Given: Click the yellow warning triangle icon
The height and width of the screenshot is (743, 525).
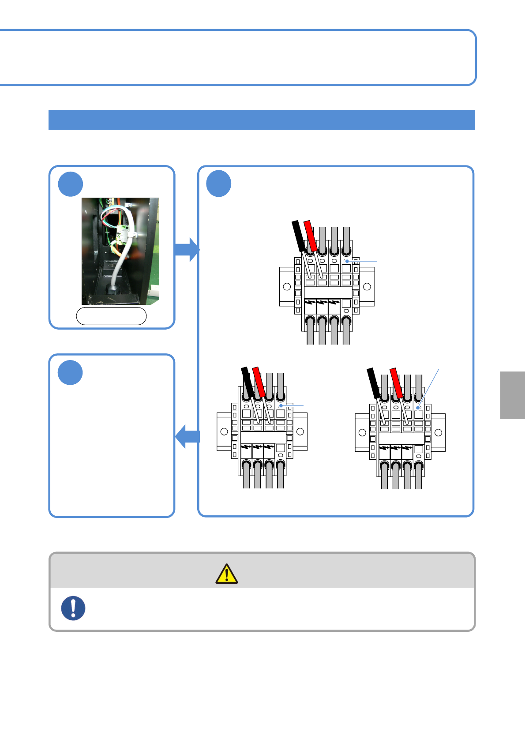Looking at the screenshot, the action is [226, 574].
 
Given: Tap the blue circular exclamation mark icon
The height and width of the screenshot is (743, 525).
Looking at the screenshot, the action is [73, 608].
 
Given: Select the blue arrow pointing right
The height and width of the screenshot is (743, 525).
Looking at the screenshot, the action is [187, 249].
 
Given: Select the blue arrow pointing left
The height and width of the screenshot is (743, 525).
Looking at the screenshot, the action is [187, 436].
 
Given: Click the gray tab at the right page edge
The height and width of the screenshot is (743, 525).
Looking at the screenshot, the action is [513, 395].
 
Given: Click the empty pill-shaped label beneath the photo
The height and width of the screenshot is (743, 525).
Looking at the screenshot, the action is [111, 316].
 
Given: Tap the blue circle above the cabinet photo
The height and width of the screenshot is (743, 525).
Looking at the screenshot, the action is [71, 184].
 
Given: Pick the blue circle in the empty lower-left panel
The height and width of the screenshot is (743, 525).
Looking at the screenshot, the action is [70, 372].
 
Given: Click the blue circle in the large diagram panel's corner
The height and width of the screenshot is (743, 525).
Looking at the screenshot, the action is [219, 184].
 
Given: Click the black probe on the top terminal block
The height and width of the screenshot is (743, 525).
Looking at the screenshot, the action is [299, 236].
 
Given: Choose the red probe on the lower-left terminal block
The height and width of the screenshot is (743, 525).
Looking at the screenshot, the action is [258, 381].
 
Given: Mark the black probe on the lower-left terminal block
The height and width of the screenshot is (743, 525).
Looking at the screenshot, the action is [247, 381].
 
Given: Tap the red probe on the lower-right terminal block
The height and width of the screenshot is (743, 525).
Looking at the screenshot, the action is [396, 382].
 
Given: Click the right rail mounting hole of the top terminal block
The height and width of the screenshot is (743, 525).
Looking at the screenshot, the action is [367, 287].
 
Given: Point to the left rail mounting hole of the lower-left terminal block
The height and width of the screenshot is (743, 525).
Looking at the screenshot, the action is [224, 432].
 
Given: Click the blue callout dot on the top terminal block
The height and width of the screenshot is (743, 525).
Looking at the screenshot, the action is [347, 261].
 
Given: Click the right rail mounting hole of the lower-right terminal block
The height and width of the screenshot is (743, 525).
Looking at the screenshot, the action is [438, 432].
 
